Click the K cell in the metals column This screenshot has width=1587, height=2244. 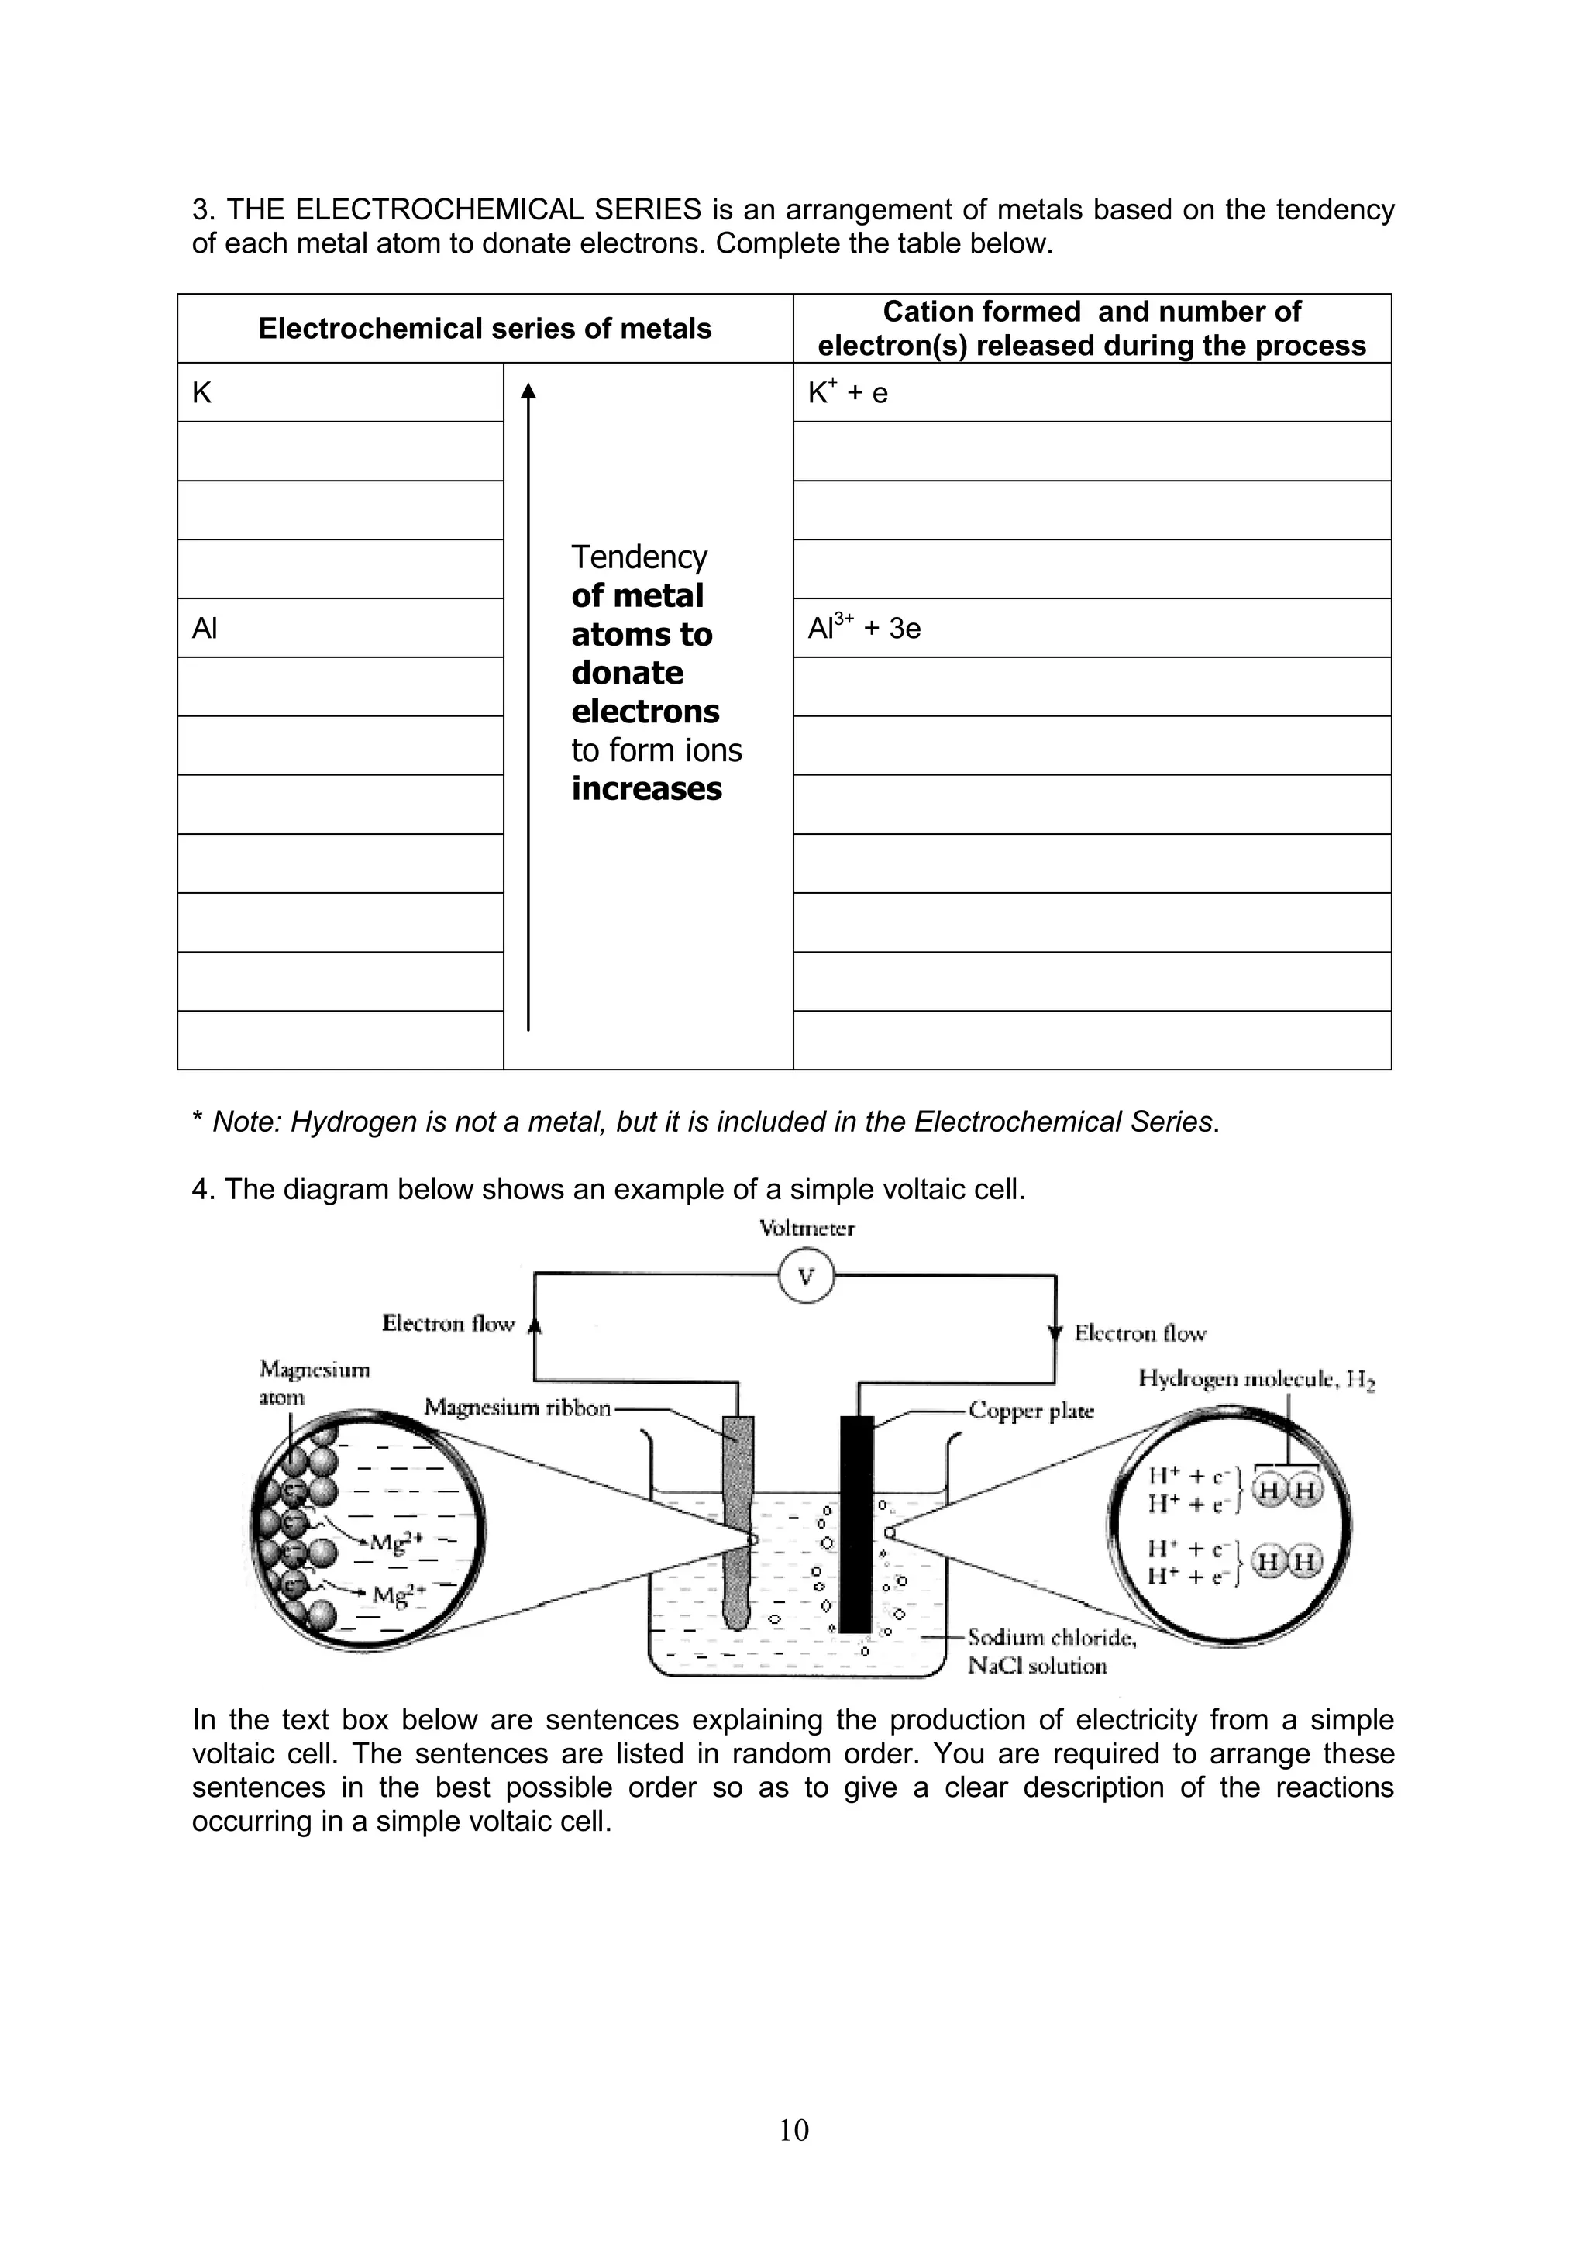pyautogui.click(x=339, y=393)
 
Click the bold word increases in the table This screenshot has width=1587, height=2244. pyautogui.click(x=646, y=789)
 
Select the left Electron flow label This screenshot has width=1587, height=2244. pyautogui.click(x=448, y=1325)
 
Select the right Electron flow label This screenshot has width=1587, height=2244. pyautogui.click(x=1139, y=1333)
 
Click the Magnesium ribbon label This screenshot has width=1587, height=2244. pyautogui.click(x=517, y=1408)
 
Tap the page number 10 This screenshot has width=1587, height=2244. pyautogui.click(x=793, y=2129)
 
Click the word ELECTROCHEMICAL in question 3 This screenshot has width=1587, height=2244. pyautogui.click(x=497, y=209)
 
